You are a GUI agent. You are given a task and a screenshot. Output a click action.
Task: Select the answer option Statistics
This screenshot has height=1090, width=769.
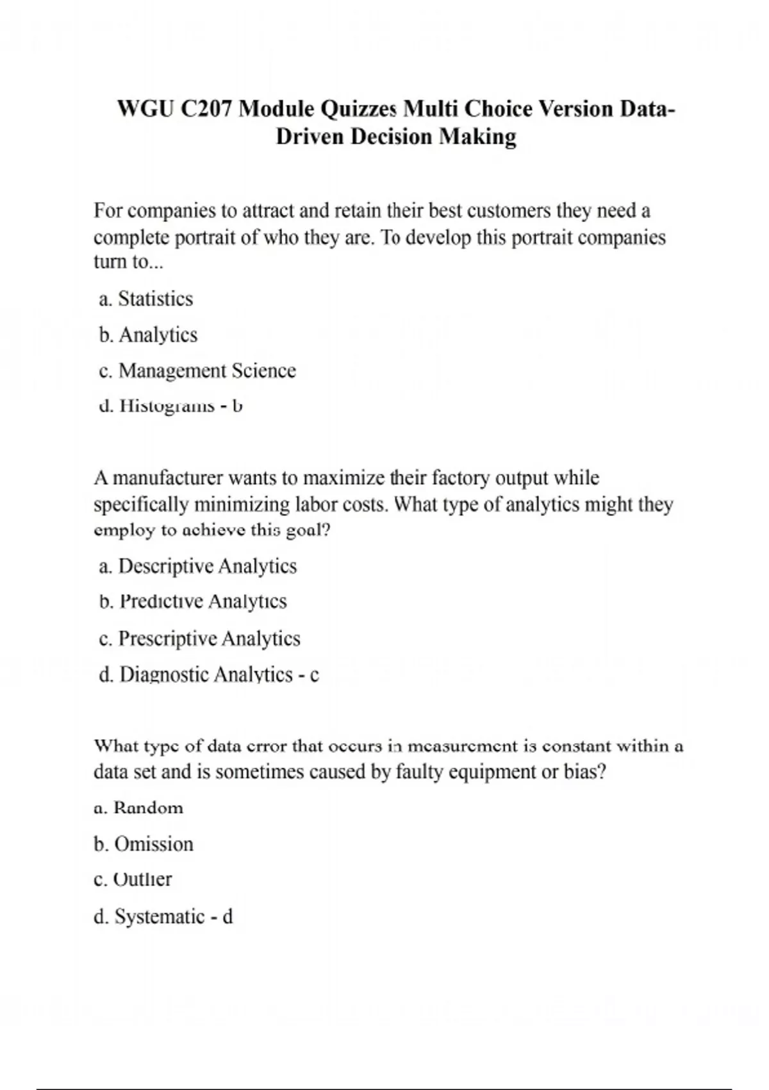(155, 299)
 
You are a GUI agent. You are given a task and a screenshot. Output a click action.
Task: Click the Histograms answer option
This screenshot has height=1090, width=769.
(167, 406)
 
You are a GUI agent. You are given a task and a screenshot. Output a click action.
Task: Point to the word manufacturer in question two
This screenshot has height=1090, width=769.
(169, 478)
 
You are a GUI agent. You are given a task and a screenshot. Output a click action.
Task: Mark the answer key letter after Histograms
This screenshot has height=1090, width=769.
(237, 406)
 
